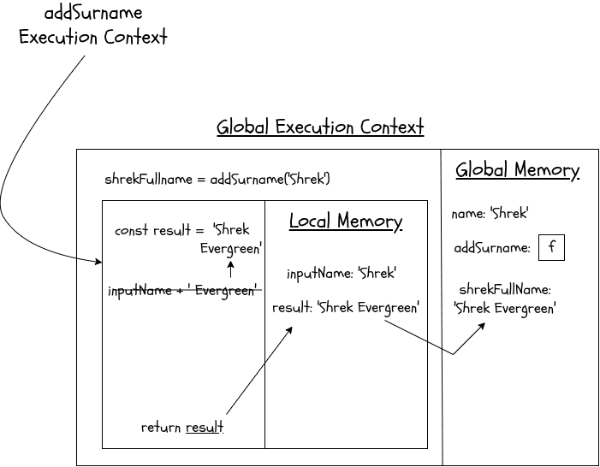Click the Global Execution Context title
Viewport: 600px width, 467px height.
[320, 127]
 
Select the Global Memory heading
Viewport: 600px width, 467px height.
[517, 169]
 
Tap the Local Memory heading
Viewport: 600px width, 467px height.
[345, 222]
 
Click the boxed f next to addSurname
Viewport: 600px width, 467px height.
[552, 248]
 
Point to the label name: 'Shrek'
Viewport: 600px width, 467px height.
[490, 214]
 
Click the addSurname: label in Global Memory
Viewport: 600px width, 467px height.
[492, 249]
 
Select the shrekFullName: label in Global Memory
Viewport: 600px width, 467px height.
[505, 290]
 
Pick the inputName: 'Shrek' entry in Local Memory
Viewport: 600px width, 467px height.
[342, 274]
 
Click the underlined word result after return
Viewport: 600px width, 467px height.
[205, 428]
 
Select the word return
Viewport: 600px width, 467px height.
[161, 428]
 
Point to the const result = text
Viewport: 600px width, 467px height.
[159, 231]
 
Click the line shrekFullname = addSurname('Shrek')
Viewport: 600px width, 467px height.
[217, 180]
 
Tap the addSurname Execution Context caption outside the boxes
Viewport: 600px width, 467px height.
[93, 26]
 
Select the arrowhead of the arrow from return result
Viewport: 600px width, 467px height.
[290, 328]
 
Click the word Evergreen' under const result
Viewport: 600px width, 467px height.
[231, 250]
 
